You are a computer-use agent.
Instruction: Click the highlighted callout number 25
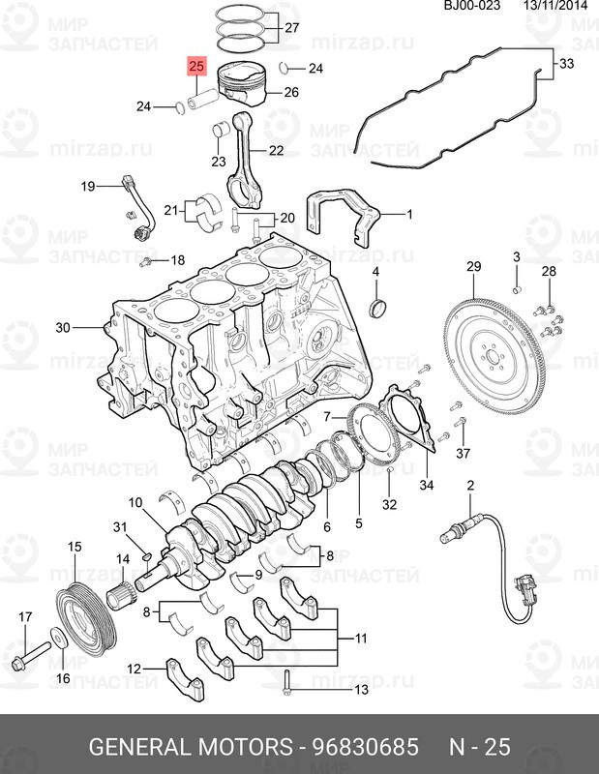pos(196,66)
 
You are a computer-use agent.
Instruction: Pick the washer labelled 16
pos(60,639)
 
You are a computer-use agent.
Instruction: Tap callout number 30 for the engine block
pos(63,327)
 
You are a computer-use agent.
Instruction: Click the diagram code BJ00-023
pos(472,6)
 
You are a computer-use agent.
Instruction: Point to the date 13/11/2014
pos(555,6)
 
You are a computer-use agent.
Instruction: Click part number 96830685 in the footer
pos(366,747)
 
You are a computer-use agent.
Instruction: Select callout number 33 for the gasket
pos(566,63)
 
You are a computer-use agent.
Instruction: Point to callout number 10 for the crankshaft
pos(135,502)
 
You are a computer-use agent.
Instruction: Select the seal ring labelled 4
pos(377,308)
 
